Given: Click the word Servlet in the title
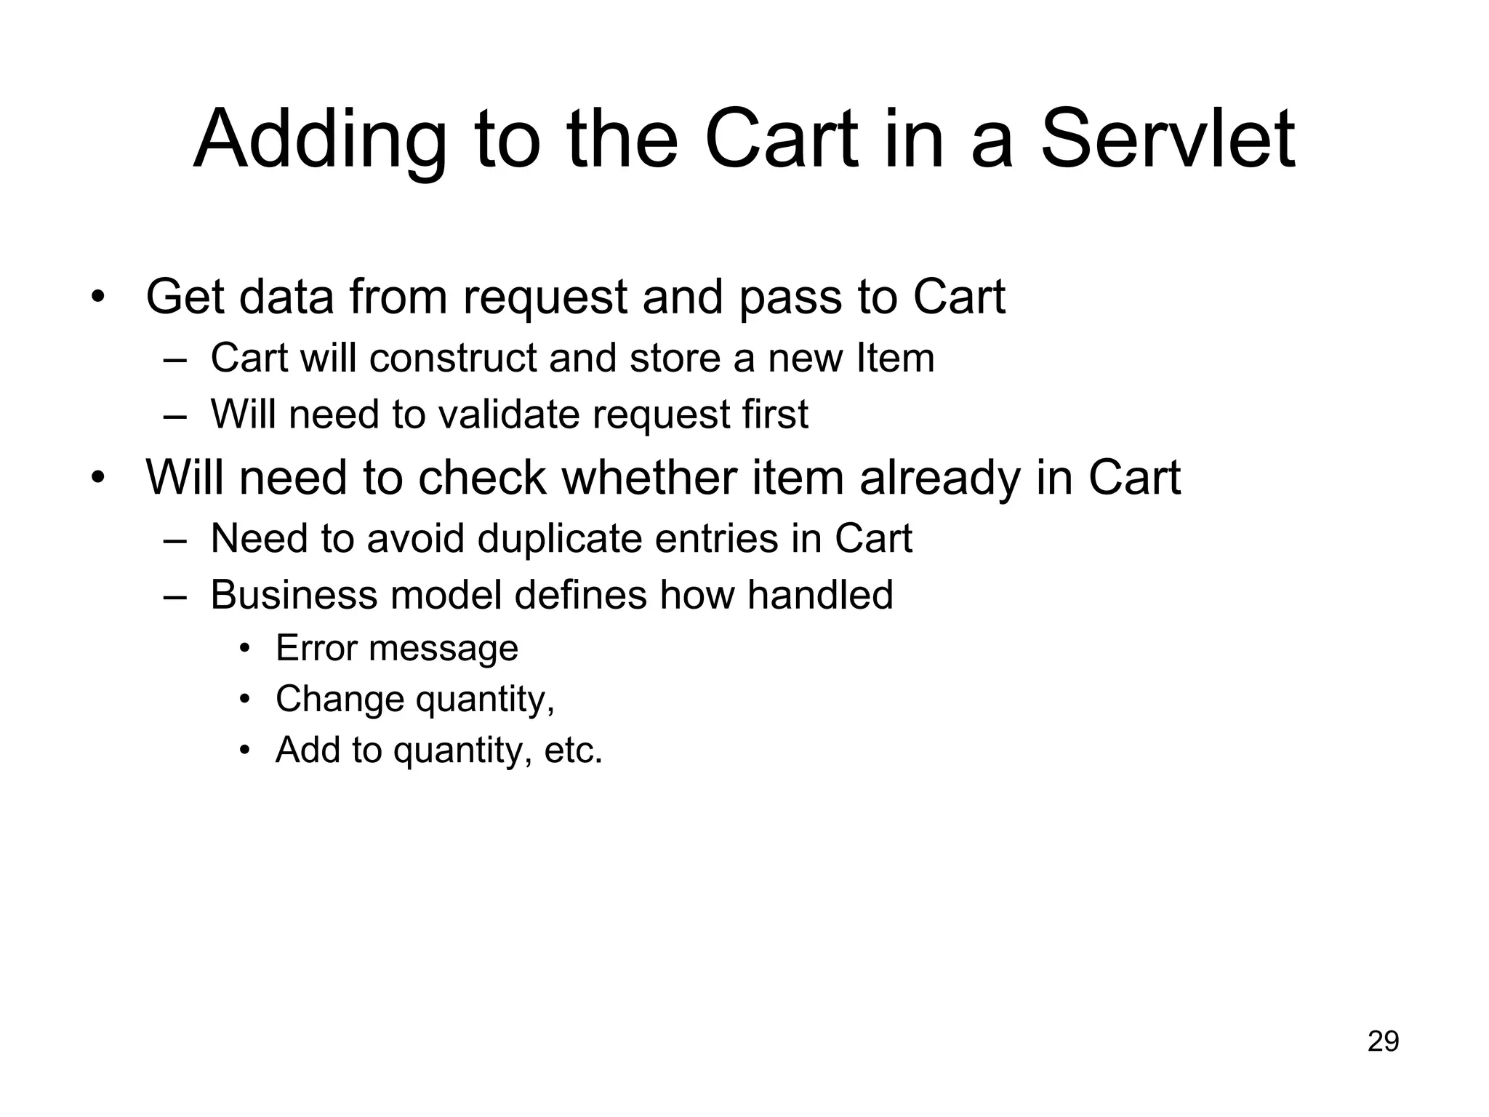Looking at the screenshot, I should pyautogui.click(x=1168, y=138).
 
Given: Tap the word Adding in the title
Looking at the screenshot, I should pyautogui.click(x=320, y=138).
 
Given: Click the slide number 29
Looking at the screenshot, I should pyautogui.click(x=1383, y=1041).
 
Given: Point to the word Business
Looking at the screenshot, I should pyautogui.click(x=293, y=595).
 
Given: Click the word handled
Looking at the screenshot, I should pyautogui.click(x=819, y=595).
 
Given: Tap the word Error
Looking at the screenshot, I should pyautogui.click(x=316, y=648).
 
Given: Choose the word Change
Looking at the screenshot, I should pyautogui.click(x=340, y=700).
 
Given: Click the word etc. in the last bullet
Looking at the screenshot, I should pyautogui.click(x=574, y=750).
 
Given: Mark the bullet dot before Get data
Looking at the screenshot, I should pyautogui.click(x=98, y=297).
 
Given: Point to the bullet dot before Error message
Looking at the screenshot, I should pyautogui.click(x=245, y=649).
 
